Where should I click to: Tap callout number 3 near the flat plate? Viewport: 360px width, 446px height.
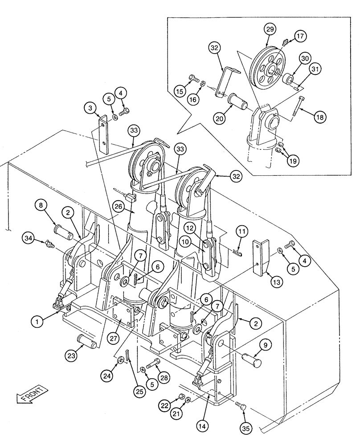(x=91, y=108)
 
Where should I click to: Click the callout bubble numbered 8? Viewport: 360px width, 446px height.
(x=41, y=206)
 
